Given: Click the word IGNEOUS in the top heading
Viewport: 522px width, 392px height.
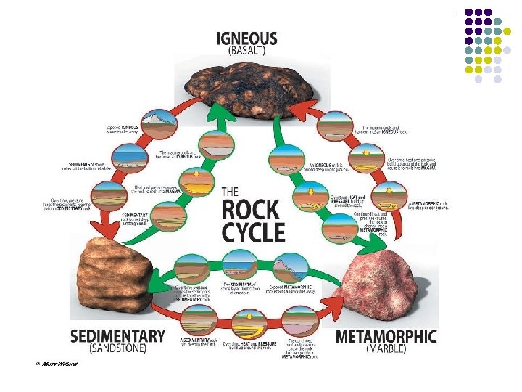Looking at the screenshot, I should pyautogui.click(x=247, y=38).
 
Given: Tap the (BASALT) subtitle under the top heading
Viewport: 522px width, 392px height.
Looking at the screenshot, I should pyautogui.click(x=247, y=52).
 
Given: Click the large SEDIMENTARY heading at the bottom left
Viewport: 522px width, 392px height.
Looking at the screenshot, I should pyautogui.click(x=118, y=336).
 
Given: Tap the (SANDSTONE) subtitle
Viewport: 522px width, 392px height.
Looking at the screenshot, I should pyautogui.click(x=118, y=348).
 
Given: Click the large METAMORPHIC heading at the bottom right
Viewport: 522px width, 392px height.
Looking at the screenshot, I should pyautogui.click(x=386, y=336).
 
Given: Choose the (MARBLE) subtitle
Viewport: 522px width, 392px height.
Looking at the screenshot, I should pyautogui.click(x=386, y=348).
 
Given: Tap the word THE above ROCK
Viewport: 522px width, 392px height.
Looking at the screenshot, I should pyautogui.click(x=230, y=192).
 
